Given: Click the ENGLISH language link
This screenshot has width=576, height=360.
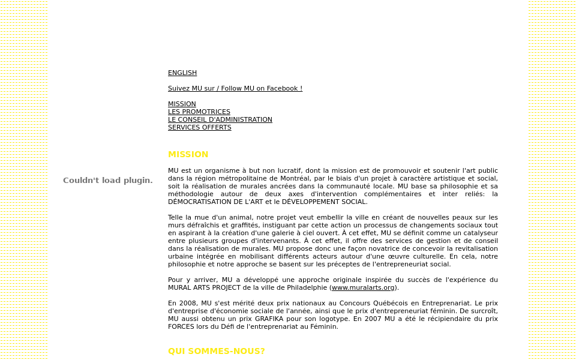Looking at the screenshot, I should coord(182,73).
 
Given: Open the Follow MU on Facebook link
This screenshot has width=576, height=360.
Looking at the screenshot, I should coord(235,89).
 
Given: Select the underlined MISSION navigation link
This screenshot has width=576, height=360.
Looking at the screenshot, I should coord(182,104).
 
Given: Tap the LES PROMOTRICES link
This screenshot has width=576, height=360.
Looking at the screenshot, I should coord(199,112).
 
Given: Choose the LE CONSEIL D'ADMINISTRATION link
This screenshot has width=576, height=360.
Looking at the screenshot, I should coord(220,120).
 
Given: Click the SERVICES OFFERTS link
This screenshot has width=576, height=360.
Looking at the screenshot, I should coord(200,128).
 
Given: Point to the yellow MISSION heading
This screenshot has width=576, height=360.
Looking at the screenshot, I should coord(188,155).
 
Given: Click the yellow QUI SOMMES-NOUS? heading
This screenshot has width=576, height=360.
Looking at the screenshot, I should coord(217,352).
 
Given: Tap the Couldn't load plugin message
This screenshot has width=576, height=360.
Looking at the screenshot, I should coord(108,181).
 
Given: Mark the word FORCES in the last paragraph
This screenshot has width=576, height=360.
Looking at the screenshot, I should coord(181,327).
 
